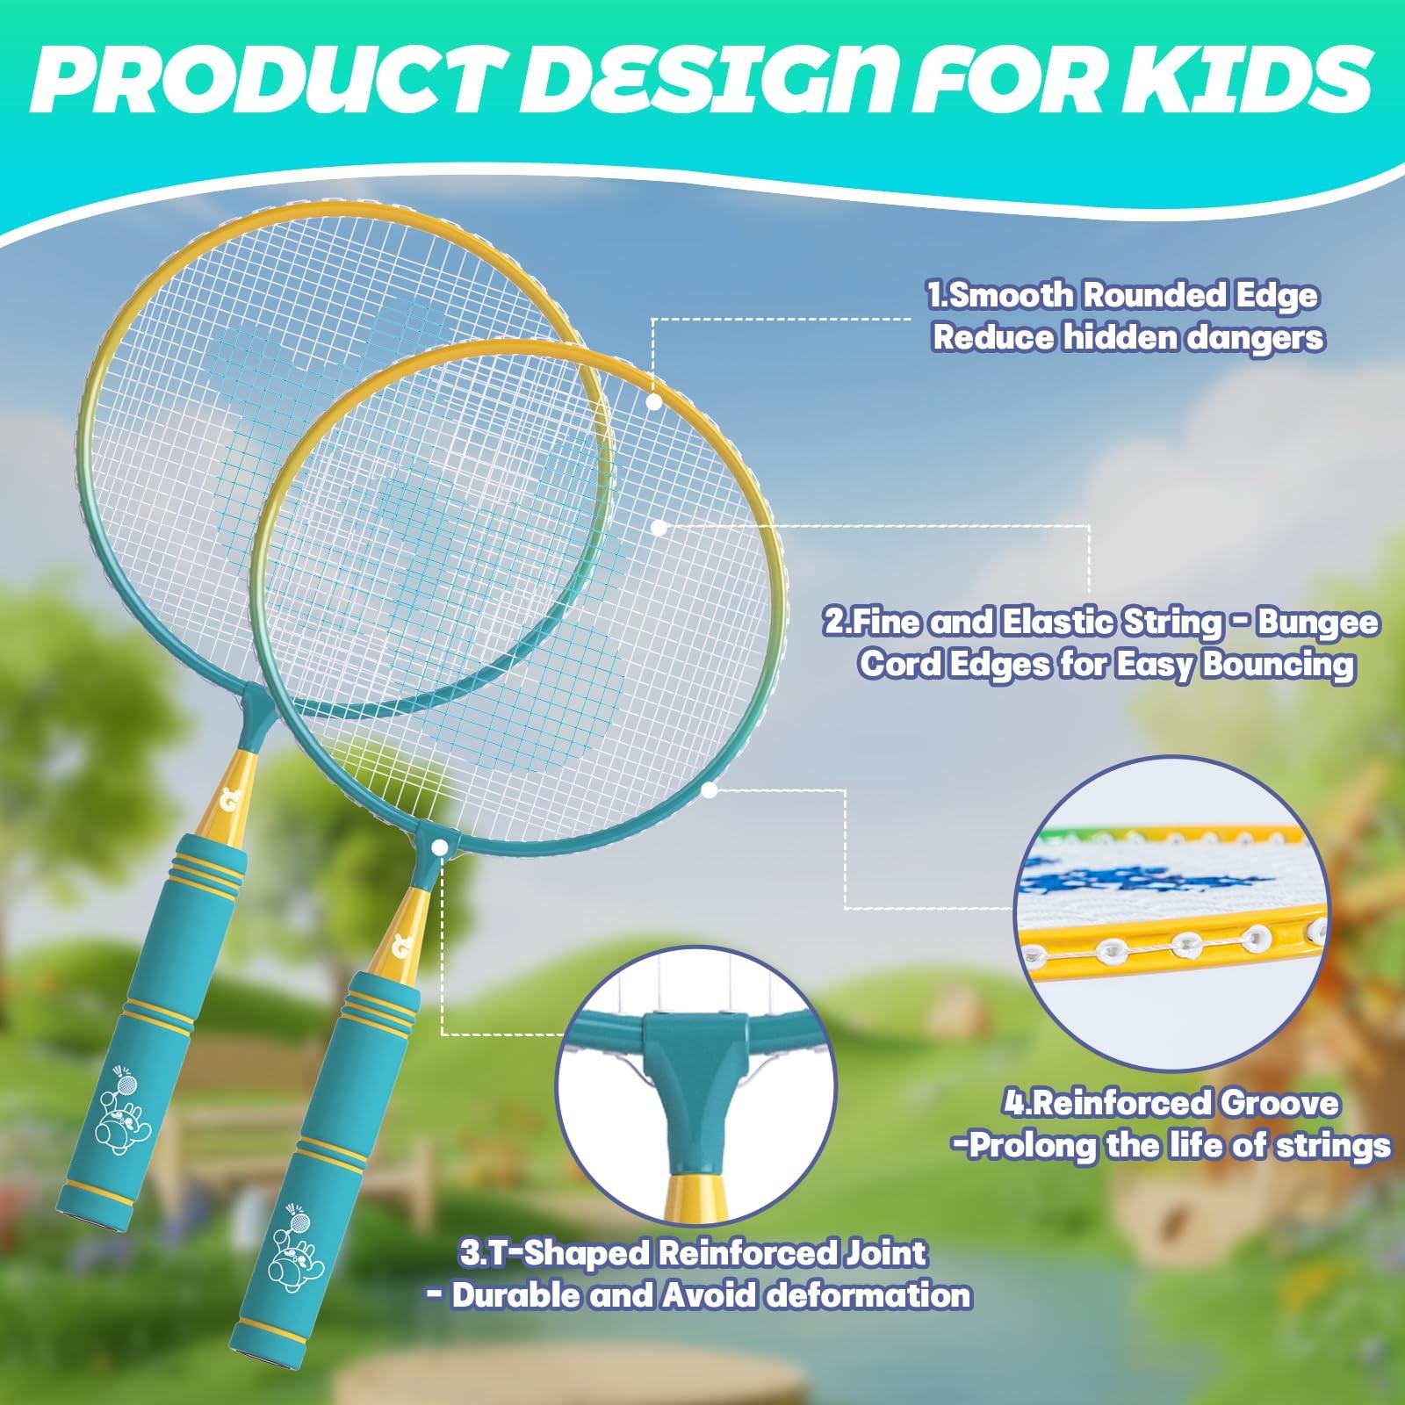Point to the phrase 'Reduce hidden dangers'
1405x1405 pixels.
pyautogui.click(x=1128, y=337)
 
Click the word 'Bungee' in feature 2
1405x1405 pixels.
pyautogui.click(x=1318, y=623)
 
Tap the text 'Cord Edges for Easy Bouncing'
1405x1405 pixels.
pyautogui.click(x=1106, y=665)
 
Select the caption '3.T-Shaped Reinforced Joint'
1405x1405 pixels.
pyautogui.click(x=693, y=1253)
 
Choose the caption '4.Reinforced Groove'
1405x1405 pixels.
pyautogui.click(x=1171, y=1103)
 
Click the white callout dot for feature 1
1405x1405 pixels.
pyautogui.click(x=654, y=402)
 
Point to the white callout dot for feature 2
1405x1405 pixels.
pyautogui.click(x=660, y=527)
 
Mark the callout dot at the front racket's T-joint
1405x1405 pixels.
pyautogui.click(x=442, y=845)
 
